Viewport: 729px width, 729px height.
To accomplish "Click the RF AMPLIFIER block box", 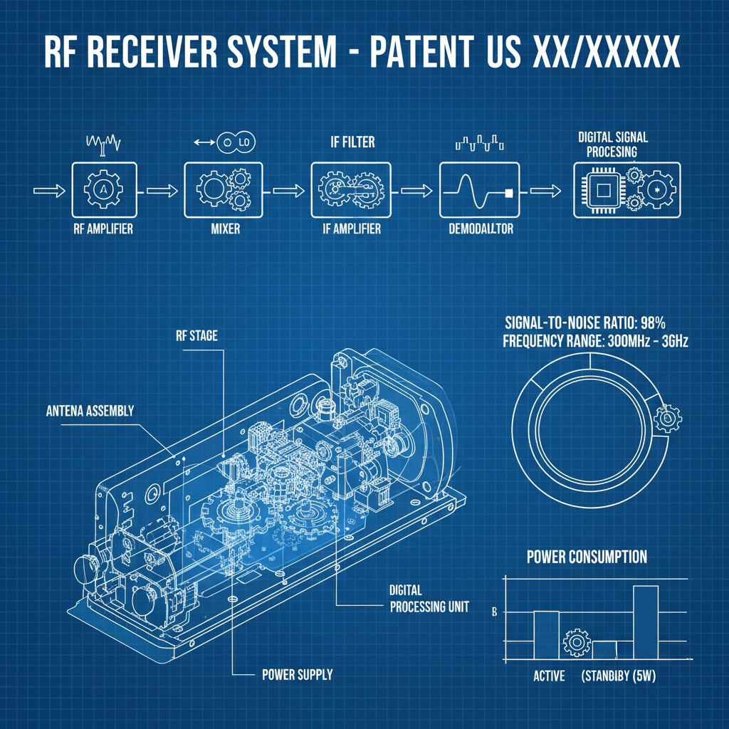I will tap(103, 189).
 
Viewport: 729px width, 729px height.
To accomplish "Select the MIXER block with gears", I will tap(220, 189).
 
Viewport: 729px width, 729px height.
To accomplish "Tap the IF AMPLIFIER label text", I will tap(346, 229).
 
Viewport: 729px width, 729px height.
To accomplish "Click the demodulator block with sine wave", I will tap(474, 189).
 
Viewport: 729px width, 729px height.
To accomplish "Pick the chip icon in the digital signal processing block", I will tap(604, 189).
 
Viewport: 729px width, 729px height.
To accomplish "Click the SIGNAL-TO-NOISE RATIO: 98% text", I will tap(584, 321).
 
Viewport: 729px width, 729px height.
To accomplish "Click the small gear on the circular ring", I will tap(667, 419).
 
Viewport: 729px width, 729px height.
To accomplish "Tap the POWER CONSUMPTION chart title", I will tap(587, 557).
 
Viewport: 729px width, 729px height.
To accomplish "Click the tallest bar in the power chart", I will tap(645, 622).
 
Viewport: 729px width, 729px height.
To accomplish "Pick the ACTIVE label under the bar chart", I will tap(549, 676).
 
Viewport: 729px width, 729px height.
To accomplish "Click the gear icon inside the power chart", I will tap(577, 643).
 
